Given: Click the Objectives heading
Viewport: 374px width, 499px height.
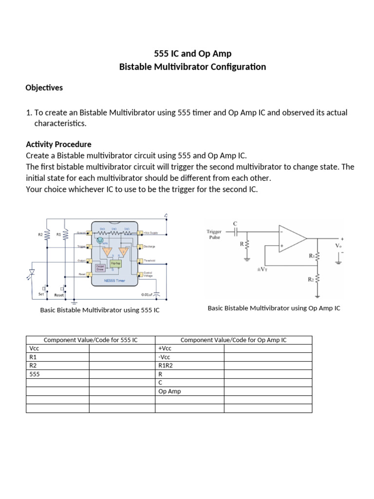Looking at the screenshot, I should click(x=44, y=88).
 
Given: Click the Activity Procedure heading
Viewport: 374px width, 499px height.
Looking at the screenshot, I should click(x=58, y=145).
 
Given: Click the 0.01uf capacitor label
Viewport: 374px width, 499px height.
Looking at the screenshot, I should click(x=147, y=294).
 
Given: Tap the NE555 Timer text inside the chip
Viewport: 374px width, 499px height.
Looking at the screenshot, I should click(x=114, y=281).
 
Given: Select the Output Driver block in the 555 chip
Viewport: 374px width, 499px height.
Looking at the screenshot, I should click(x=100, y=267).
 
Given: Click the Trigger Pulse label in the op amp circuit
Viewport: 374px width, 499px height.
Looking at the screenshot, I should click(x=214, y=235).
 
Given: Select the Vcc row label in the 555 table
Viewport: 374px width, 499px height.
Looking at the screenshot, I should click(x=34, y=349).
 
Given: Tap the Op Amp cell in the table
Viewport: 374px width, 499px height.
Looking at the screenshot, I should click(x=169, y=391).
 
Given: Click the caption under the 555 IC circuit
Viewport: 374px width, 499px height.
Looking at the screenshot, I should click(x=100, y=310).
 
